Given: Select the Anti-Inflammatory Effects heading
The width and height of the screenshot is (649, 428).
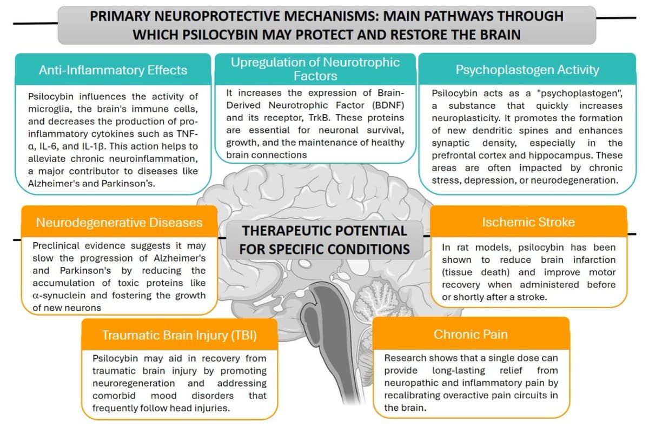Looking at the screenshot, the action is [113, 70].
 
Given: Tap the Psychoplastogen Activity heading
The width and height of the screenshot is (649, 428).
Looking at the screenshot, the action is [527, 70].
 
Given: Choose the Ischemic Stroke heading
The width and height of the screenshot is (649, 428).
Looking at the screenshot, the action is [528, 222].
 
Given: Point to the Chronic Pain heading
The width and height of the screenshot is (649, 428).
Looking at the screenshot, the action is [471, 335].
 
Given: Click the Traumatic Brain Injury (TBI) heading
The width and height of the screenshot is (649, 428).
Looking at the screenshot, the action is [180, 336].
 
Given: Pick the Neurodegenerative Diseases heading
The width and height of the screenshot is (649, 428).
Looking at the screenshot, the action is [120, 223].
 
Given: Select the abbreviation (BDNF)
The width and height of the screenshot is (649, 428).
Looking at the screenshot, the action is [388, 105].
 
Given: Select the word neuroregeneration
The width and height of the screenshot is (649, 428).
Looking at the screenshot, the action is [134, 383].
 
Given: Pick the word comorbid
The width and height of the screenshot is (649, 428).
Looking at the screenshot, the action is [114, 396].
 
